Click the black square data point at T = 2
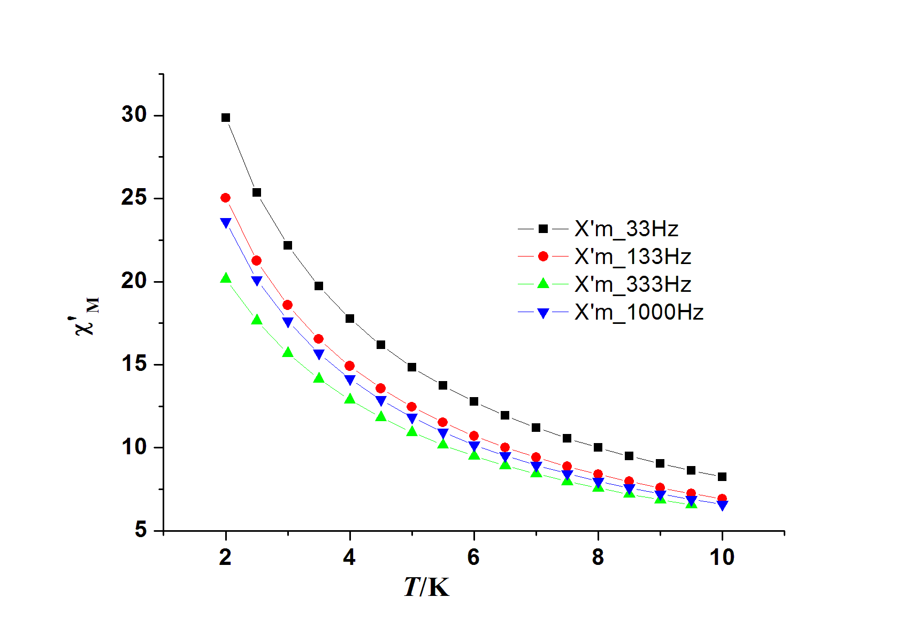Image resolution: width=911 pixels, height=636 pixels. (226, 118)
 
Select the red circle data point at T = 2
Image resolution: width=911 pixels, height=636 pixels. (226, 198)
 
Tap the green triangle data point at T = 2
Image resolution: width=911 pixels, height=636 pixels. (226, 278)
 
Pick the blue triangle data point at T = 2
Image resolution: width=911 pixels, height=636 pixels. (226, 222)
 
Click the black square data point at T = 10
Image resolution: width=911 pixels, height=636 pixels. (722, 477)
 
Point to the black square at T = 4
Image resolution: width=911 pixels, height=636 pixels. (350, 319)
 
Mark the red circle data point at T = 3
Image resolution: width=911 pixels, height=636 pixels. (288, 305)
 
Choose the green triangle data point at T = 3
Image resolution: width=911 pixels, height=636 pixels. (288, 352)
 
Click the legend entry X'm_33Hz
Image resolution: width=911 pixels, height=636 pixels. (626, 229)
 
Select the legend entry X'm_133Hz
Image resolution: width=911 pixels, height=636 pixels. (632, 257)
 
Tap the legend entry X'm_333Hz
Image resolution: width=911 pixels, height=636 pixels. (632, 284)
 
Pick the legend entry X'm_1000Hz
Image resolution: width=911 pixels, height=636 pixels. (639, 312)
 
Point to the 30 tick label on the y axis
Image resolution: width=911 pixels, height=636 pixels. (134, 114)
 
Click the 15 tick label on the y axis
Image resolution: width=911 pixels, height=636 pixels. (134, 364)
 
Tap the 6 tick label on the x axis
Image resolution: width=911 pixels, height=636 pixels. (473, 557)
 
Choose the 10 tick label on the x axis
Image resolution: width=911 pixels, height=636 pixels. (722, 557)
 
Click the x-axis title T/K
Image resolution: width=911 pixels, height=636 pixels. (426, 587)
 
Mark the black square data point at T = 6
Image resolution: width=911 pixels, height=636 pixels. (474, 401)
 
